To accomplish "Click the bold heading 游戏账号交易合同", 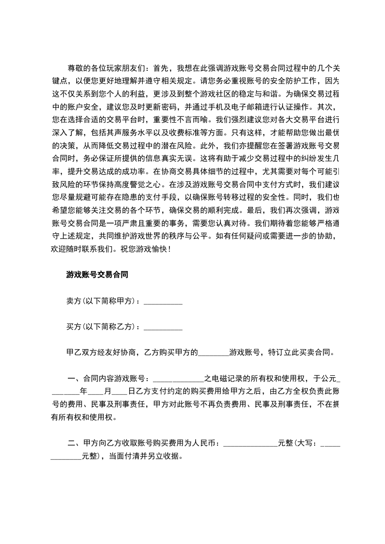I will pos(97,274).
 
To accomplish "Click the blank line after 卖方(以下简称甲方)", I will pos(164,301).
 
